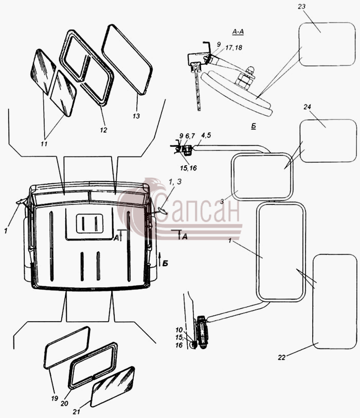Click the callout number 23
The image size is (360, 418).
tap(301, 6)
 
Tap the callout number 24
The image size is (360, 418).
tap(307, 107)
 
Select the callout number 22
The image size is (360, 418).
tap(281, 357)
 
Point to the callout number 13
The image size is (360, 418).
tap(136, 116)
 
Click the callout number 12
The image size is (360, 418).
tap(103, 130)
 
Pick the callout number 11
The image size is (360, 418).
tap(44, 144)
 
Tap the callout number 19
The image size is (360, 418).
tap(55, 398)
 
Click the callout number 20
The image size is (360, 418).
tap(64, 404)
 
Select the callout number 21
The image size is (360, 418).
tap(77, 412)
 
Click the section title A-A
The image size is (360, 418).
tap(238, 32)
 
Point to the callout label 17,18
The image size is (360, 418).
tap(233, 48)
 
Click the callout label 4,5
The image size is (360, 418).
tap(206, 135)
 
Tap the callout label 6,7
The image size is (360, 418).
tap(190, 136)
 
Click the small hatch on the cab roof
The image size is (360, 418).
tap(89, 223)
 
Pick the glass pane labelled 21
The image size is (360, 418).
tap(112, 387)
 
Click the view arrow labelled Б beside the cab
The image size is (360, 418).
tap(159, 259)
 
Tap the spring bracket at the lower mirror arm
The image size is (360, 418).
tap(202, 332)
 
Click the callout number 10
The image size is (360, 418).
tap(179, 330)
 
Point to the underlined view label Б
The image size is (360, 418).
tap(253, 126)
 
